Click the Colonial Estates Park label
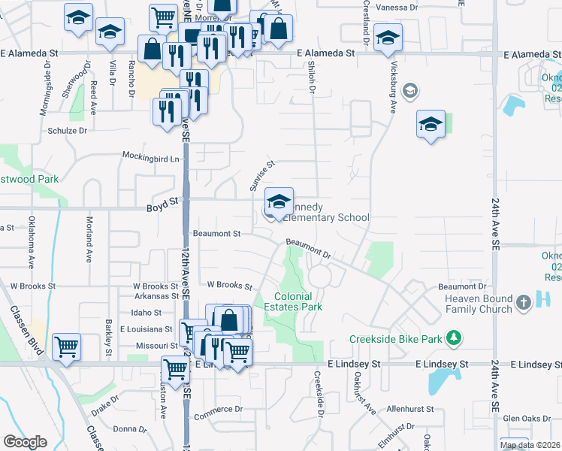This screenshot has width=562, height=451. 293,301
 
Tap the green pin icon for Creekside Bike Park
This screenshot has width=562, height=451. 453,338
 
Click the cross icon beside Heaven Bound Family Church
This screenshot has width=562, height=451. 524,304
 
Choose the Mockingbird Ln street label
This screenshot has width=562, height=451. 153,159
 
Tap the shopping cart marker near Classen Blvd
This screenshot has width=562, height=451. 67,347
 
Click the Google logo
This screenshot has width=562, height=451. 26,442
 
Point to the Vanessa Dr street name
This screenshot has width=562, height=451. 397,6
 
